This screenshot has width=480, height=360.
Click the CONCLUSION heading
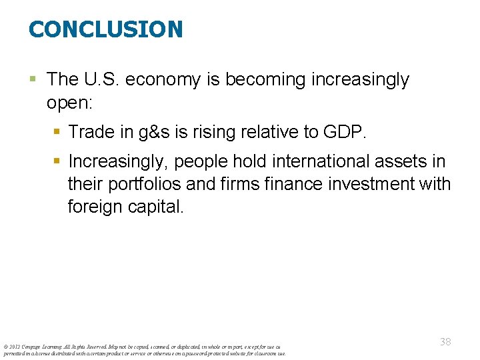[105, 29]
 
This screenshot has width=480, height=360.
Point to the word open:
[71, 103]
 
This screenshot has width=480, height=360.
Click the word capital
[158, 207]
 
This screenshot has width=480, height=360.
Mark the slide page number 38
[445, 342]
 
